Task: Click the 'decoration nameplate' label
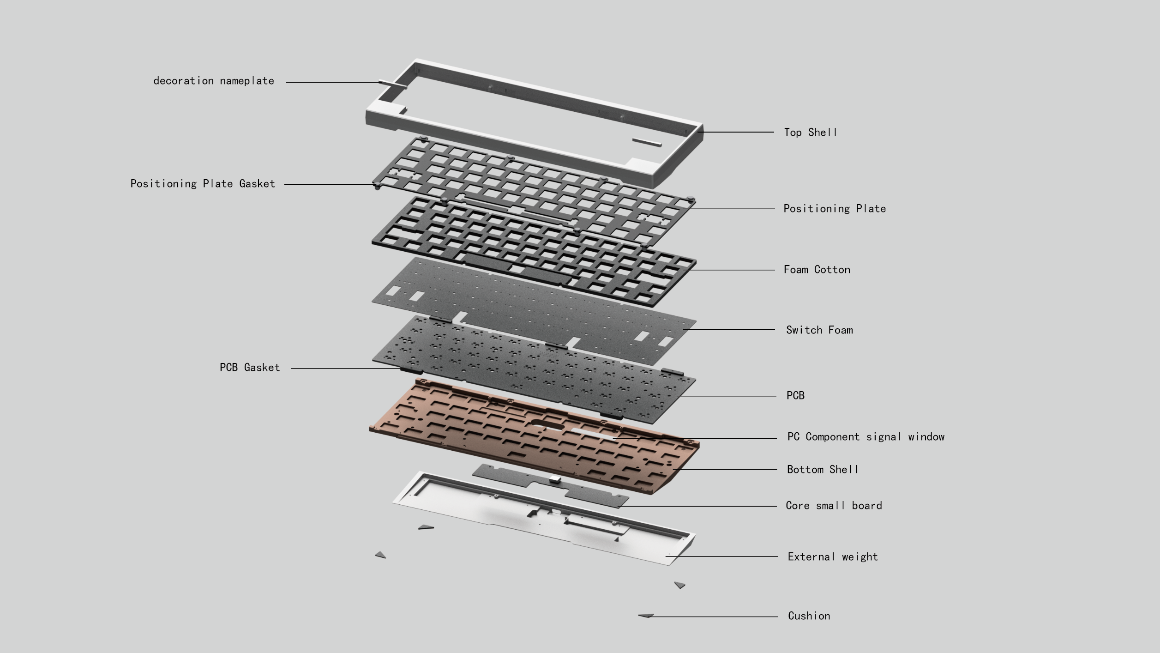[x=213, y=81]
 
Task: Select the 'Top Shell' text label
[x=810, y=133]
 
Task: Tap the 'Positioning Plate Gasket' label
[x=202, y=184]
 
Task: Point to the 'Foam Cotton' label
[x=817, y=270]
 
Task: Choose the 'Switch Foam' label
[x=819, y=330]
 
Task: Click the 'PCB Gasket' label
[x=249, y=368]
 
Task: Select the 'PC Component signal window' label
[x=865, y=437]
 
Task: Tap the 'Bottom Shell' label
[x=822, y=470]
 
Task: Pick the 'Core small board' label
[x=834, y=506]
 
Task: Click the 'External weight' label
[x=832, y=557]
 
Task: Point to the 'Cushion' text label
[x=809, y=616]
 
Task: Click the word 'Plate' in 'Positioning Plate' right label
[x=871, y=209]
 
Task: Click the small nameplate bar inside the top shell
[x=647, y=142]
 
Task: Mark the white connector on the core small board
[x=555, y=480]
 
